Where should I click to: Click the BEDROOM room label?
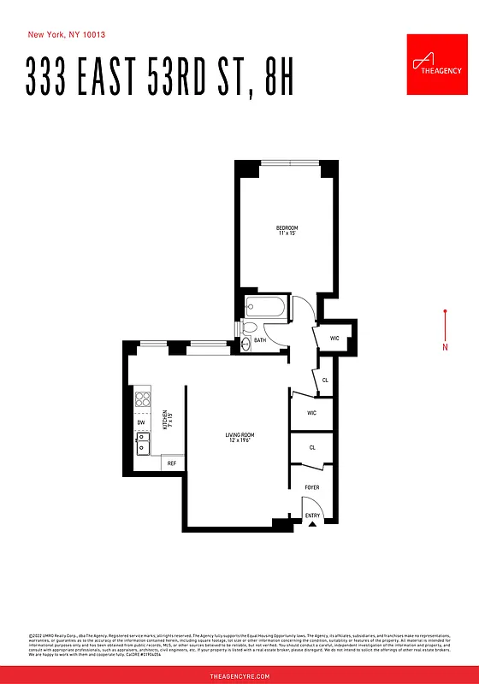(287, 227)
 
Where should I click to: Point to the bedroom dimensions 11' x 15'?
(287, 233)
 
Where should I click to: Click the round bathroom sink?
(245, 343)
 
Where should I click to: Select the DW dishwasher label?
(140, 422)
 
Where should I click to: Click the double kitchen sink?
(142, 443)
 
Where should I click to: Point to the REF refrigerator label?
(172, 463)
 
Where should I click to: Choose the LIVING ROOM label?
(240, 435)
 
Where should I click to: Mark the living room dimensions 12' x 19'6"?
(240, 442)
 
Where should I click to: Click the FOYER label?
(312, 487)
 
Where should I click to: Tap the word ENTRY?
(312, 516)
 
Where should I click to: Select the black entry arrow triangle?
(311, 525)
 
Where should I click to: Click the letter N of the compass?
(445, 346)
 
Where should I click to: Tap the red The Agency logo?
(435, 66)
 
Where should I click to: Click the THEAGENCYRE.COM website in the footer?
(239, 675)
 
